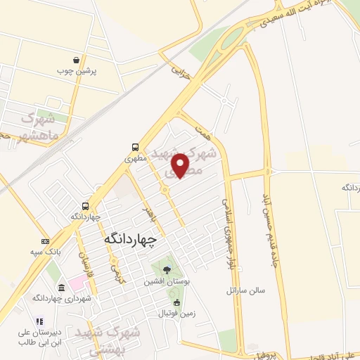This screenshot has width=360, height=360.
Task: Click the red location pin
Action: click(181, 165)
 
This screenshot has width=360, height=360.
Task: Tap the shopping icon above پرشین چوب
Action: click(85, 60)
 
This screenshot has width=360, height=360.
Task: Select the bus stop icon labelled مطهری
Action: click(134, 147)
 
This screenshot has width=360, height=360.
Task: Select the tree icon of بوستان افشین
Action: click(166, 269)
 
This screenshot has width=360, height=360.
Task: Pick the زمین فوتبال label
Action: click(172, 312)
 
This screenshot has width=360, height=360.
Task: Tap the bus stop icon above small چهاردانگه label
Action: click(85, 206)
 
